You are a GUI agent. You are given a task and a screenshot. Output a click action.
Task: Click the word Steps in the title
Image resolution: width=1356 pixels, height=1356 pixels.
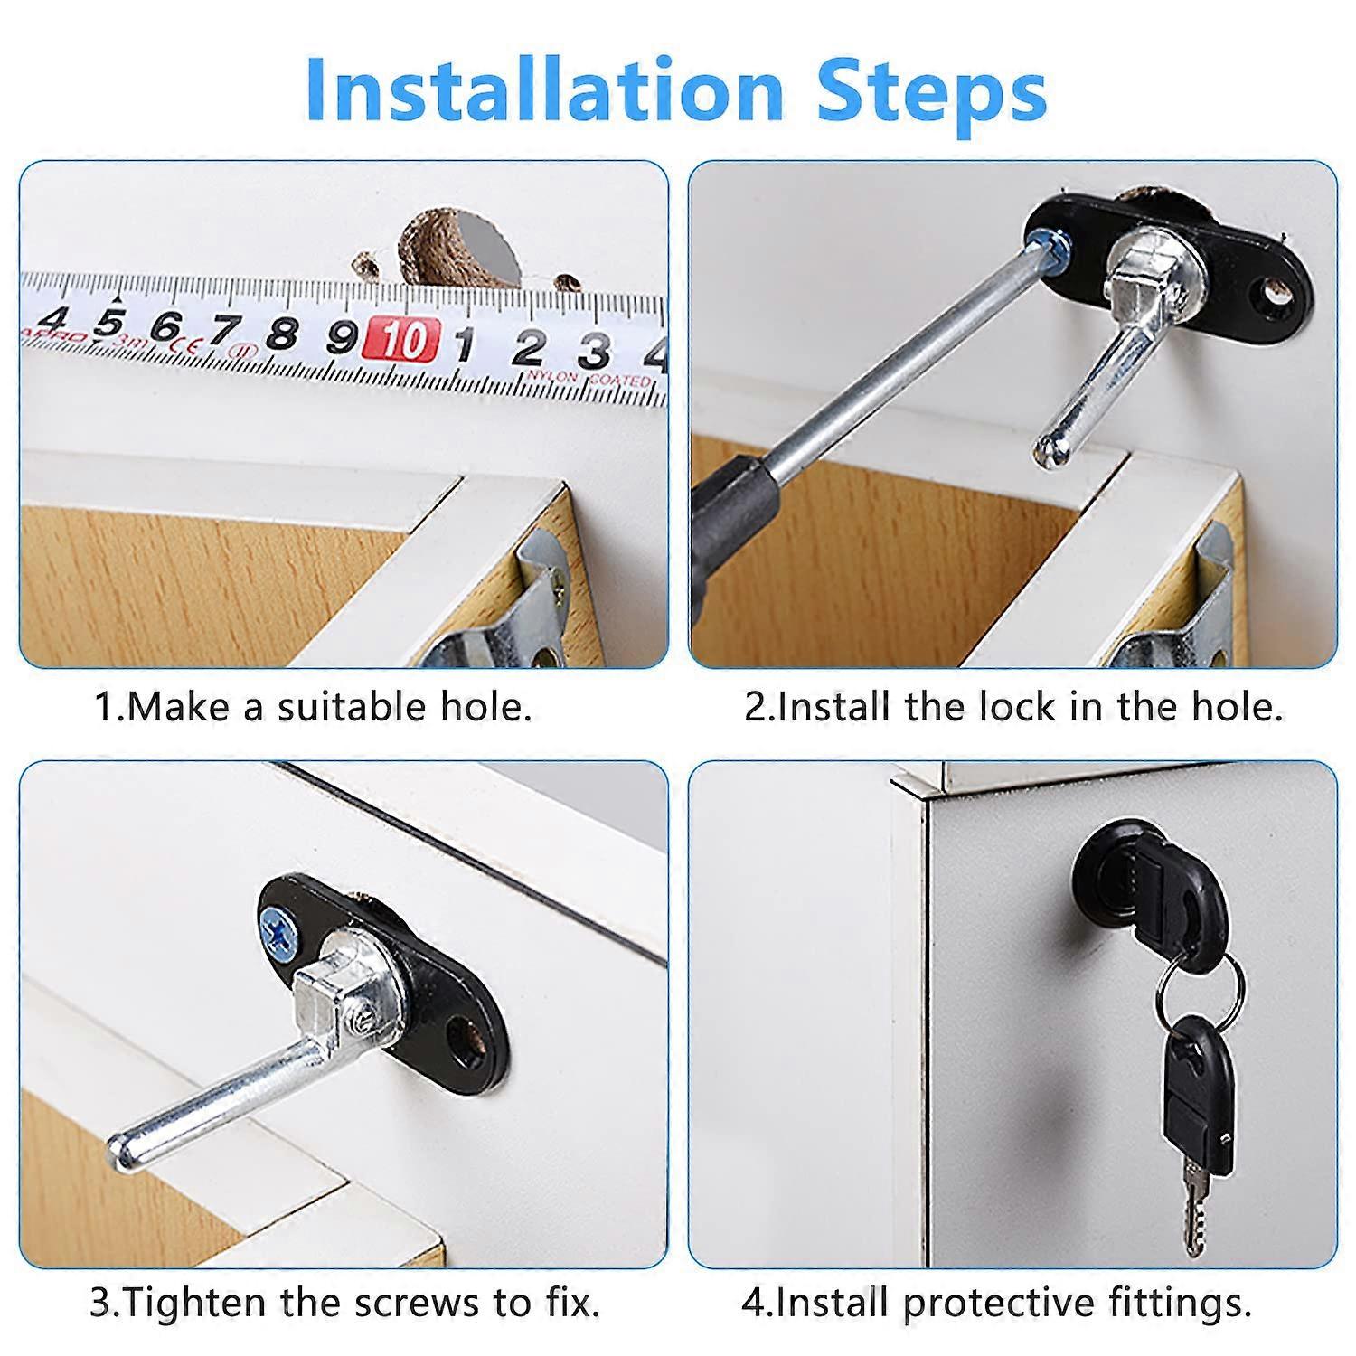[x=931, y=90]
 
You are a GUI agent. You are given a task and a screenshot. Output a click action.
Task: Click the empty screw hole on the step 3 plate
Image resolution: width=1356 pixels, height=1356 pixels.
[x=468, y=1034]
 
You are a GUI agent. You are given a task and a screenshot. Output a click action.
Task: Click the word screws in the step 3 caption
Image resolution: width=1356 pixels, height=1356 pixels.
[x=416, y=1303]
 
